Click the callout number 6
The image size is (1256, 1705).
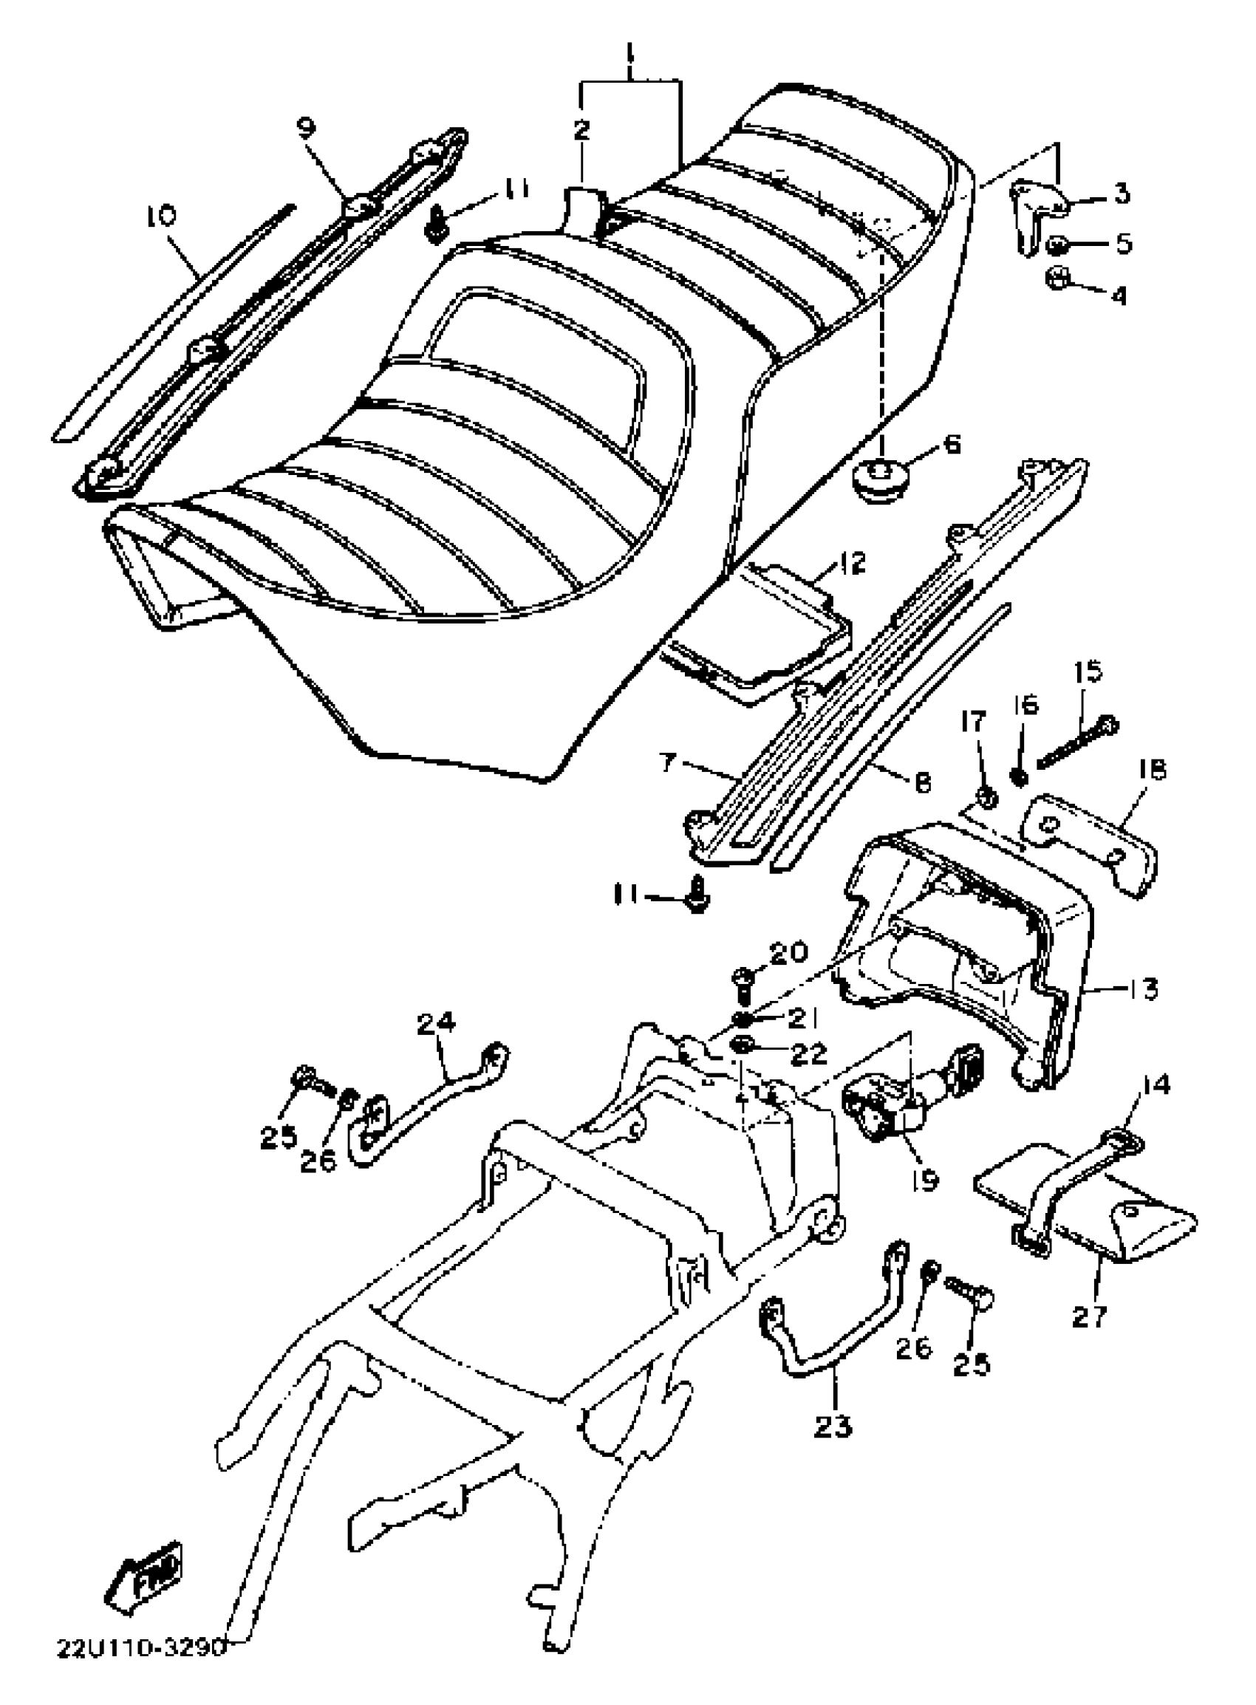[x=951, y=443]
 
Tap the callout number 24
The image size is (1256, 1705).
[x=437, y=1023]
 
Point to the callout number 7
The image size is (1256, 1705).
[x=668, y=762]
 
